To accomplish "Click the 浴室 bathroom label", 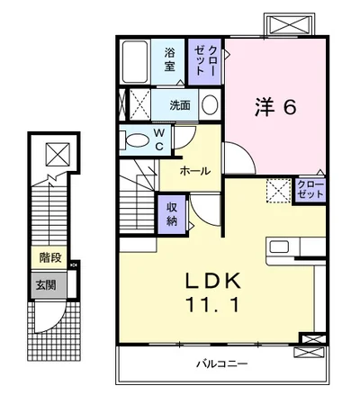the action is [169, 59].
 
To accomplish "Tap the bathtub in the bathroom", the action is [135, 61].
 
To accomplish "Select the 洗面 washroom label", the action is [180, 105].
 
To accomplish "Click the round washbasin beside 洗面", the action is [210, 104].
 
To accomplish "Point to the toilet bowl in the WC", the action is [136, 140].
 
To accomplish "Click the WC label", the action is [159, 139].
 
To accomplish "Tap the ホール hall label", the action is [195, 171].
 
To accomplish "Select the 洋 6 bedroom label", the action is [275, 107].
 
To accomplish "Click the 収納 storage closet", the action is [172, 214].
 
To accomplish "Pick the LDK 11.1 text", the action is [213, 292].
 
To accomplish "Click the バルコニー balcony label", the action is [222, 364].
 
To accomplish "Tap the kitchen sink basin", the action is [279, 247].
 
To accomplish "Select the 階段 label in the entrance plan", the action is [50, 257].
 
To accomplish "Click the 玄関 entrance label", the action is [47, 285].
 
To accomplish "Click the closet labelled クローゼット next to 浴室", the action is [205, 61].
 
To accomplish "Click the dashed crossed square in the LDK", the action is [279, 191].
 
